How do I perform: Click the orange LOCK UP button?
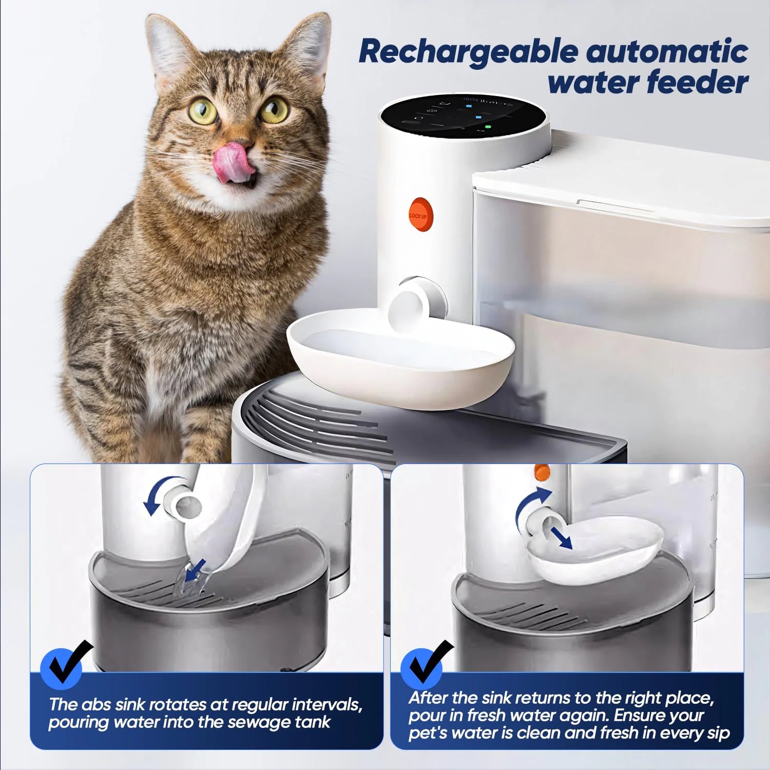pyautogui.click(x=420, y=215)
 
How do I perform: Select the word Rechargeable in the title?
pyautogui.click(x=467, y=52)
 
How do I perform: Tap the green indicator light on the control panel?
pyautogui.click(x=488, y=126)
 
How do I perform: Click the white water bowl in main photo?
pyautogui.click(x=400, y=359)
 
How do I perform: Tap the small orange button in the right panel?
pyautogui.click(x=542, y=472)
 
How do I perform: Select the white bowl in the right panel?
pyautogui.click(x=595, y=552)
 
